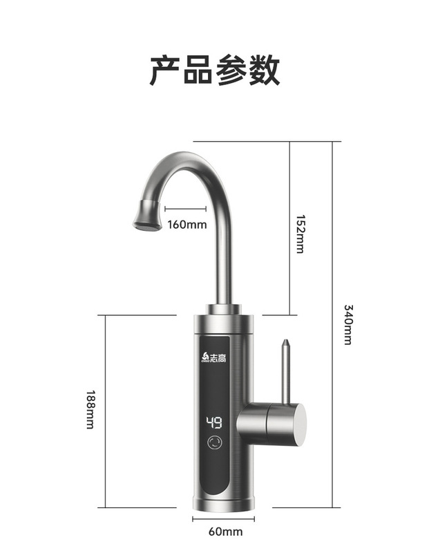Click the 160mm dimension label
click(x=187, y=224)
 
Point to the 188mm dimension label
click(x=90, y=409)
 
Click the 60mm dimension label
click(x=225, y=532)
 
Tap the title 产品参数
click(x=215, y=71)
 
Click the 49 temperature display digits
click(x=213, y=422)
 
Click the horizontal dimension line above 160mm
click(x=186, y=211)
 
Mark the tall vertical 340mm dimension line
click(x=332, y=325)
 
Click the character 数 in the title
click(x=264, y=71)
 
